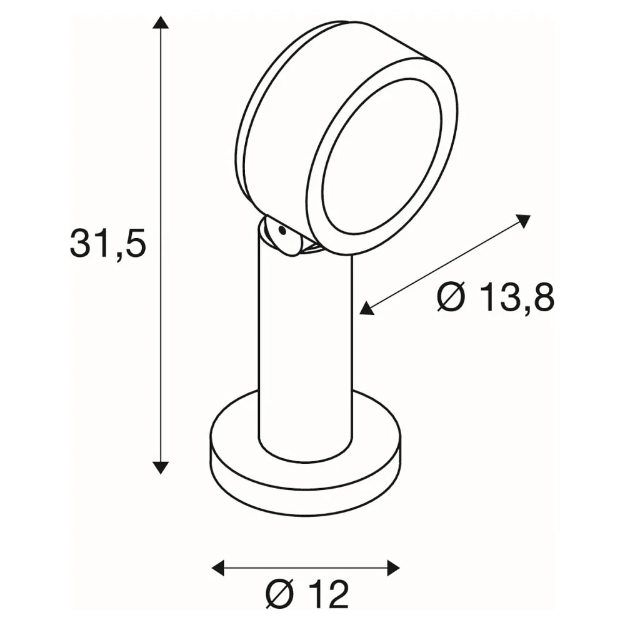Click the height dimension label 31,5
point(108,244)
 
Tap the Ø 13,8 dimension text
point(496,297)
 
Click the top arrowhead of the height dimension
point(161,22)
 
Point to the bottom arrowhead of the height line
point(161,467)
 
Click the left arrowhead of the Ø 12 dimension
point(218,567)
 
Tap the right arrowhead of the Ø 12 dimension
point(393,567)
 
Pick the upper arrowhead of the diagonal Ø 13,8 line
point(522,221)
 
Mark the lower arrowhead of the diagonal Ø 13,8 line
point(367,309)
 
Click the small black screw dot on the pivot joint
point(282,231)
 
